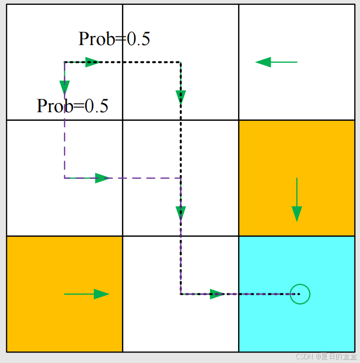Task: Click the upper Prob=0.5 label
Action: point(114,39)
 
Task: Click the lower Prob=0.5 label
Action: point(72,105)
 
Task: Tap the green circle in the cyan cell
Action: point(300,294)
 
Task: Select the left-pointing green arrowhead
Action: point(264,62)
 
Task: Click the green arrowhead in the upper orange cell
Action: point(297,213)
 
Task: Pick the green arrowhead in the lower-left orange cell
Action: point(101,294)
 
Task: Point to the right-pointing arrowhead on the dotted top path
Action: point(92,62)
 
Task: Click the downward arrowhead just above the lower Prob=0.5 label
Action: point(64,88)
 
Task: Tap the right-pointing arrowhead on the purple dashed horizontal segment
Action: point(102,178)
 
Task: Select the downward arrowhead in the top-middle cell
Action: point(180,97)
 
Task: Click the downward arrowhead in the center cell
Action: point(180,213)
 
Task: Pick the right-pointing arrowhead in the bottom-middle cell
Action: point(217,294)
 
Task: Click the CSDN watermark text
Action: point(326,356)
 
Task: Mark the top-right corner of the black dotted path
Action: point(180,62)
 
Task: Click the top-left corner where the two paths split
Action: point(65,62)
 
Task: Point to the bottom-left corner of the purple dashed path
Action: point(65,178)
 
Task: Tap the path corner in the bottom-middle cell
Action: point(180,294)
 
